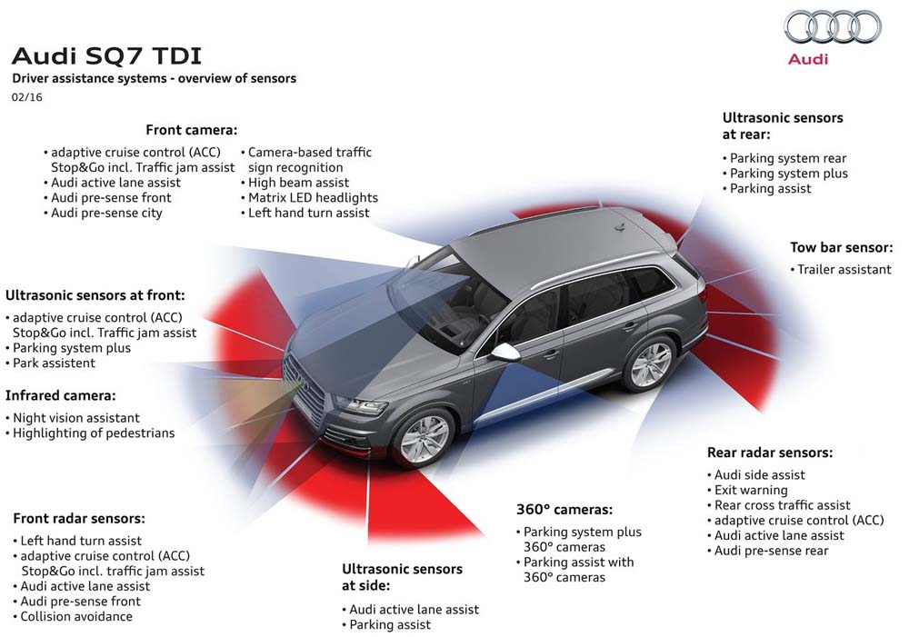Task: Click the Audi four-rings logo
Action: pos(833,27)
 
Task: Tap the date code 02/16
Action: pos(27,96)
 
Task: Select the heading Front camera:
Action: pos(192,130)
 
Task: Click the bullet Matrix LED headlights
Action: pos(313,197)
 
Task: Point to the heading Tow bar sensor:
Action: pos(841,247)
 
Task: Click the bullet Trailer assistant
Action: pos(844,269)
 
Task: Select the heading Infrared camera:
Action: pos(61,395)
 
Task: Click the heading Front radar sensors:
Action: pos(79,518)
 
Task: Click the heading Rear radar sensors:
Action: pos(770,453)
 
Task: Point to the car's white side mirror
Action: pos(505,352)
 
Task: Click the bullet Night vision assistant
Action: pos(76,418)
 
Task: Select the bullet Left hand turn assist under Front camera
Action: pos(309,213)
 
